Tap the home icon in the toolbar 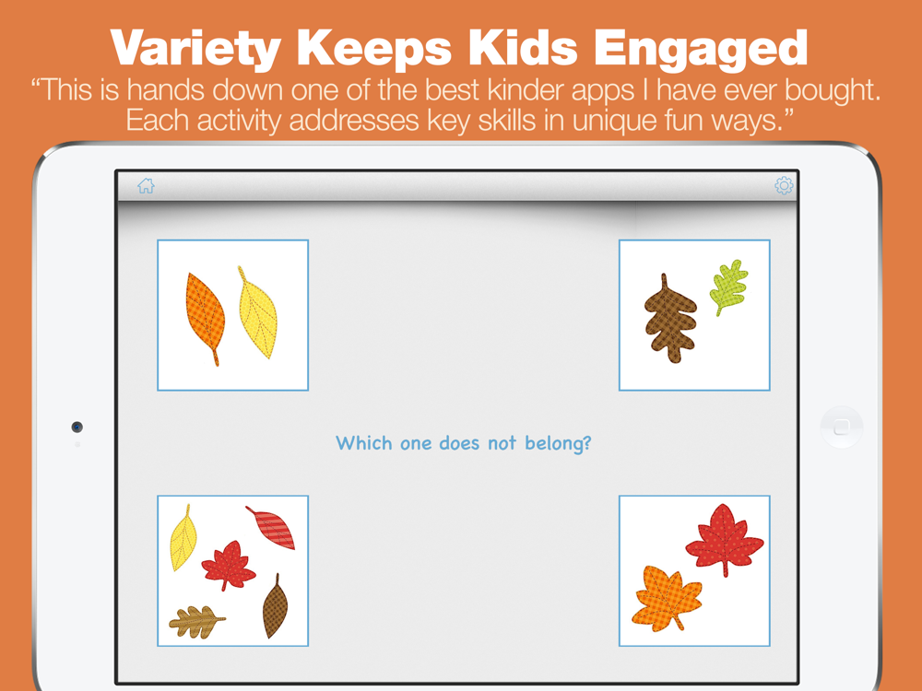[146, 186]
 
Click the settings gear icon [784, 186]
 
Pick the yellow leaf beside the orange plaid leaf [257, 312]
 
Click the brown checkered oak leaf [670, 319]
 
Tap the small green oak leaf [728, 287]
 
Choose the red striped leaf [271, 527]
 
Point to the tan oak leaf [196, 622]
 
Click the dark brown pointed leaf [275, 607]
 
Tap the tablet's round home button [842, 427]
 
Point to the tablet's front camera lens [77, 427]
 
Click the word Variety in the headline [195, 48]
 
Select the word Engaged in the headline [701, 48]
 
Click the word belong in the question [558, 443]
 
